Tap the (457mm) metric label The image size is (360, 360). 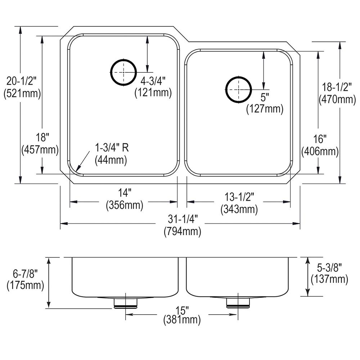tap(40, 150)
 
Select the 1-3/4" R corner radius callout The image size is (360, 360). tap(112, 148)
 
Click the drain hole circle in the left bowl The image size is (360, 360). tap(123, 72)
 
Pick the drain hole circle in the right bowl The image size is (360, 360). tap(239, 89)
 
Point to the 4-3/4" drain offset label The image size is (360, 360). tap(153, 81)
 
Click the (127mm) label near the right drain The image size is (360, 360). tap(265, 109)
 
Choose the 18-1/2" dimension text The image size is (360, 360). tap(337, 87)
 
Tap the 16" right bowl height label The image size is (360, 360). tap(320, 139)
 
